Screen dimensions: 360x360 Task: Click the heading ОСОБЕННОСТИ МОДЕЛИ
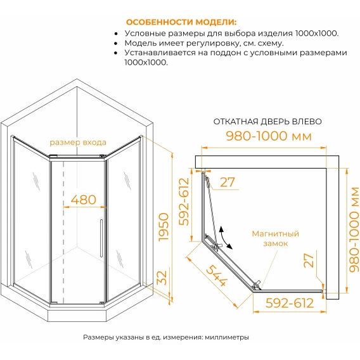[x=181, y=22]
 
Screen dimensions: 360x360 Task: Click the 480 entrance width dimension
[x=83, y=200]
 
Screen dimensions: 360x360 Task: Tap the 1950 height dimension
[x=164, y=228]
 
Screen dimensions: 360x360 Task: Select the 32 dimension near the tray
[x=162, y=278]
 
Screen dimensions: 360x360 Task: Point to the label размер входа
[x=78, y=143]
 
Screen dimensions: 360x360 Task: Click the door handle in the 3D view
[x=101, y=238]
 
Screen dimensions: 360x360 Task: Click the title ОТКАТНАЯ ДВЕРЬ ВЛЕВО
[x=267, y=122]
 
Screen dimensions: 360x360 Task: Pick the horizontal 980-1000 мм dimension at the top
[x=269, y=136]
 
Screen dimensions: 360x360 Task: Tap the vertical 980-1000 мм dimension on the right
[x=354, y=229]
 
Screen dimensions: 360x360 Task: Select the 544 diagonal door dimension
[x=217, y=276]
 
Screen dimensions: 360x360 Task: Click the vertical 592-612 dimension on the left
[x=184, y=202]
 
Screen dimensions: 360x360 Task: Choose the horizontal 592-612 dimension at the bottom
[x=290, y=303]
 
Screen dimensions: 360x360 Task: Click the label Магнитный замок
[x=276, y=238]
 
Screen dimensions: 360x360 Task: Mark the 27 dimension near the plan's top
[x=228, y=183]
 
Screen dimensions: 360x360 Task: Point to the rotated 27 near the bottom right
[x=309, y=260]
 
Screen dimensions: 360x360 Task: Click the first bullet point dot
[x=116, y=34]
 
